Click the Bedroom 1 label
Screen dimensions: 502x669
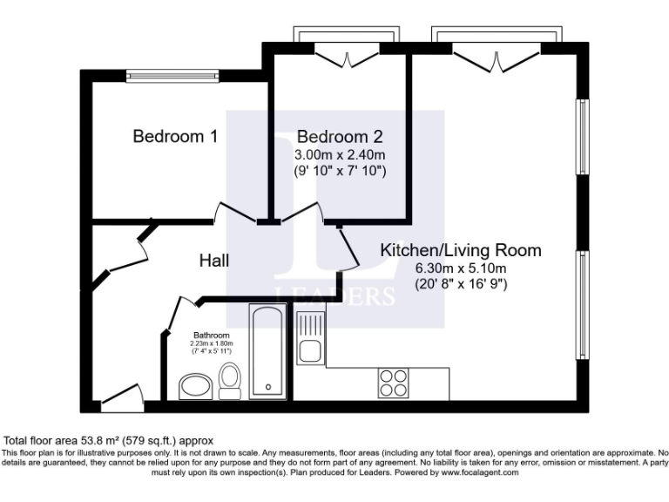click(x=174, y=137)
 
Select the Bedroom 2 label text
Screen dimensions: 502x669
click(x=339, y=137)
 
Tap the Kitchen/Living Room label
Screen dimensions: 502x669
click(x=461, y=251)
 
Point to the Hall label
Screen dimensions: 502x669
click(x=214, y=260)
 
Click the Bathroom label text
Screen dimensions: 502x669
click(x=212, y=336)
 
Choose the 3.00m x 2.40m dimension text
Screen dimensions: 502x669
click(x=339, y=154)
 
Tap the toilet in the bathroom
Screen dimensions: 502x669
click(x=230, y=380)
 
